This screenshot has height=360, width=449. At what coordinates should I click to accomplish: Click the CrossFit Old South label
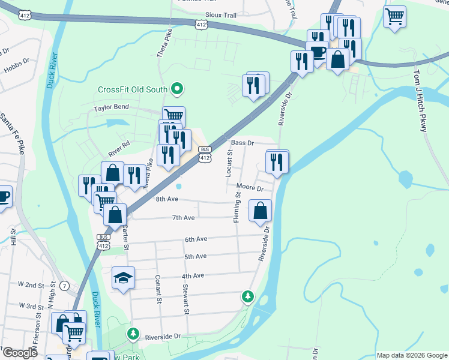point(133,90)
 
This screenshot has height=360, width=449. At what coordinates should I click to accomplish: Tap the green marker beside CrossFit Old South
point(176,90)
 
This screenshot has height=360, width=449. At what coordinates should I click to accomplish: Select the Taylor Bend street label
point(111,108)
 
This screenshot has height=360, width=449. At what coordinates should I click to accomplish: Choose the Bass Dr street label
point(243,143)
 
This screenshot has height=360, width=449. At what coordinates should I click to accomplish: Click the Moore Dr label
point(250,188)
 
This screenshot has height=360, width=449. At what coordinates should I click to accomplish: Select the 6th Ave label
point(196,239)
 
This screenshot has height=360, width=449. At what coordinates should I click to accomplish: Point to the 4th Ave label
point(194,275)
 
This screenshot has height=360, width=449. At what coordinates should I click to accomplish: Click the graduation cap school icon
point(123,278)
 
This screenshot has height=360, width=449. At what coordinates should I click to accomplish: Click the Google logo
point(19,353)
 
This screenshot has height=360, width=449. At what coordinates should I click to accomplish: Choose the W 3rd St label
point(31,307)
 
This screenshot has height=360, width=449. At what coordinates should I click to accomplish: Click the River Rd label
point(119,146)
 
